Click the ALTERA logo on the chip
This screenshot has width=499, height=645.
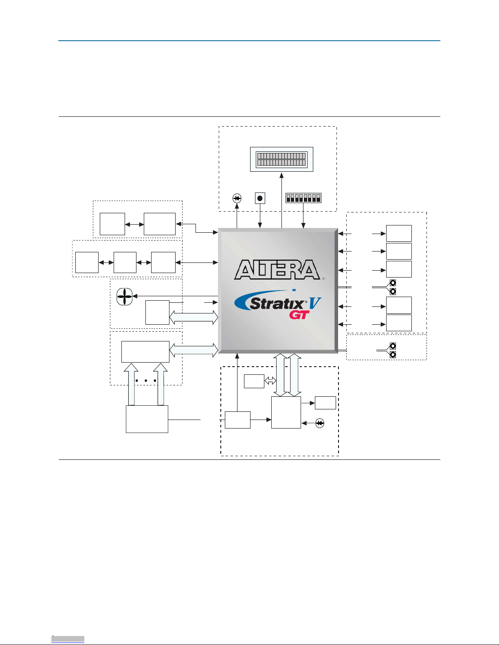[x=277, y=269]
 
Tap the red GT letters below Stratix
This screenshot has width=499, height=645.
[x=299, y=315]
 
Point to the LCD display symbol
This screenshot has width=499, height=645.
[x=281, y=159]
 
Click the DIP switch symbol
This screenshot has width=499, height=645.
[x=303, y=198]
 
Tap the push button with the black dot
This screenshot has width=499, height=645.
[x=260, y=198]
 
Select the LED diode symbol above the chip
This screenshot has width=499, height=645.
[x=237, y=198]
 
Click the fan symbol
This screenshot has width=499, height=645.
[x=125, y=296]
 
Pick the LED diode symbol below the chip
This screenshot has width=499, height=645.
[x=320, y=423]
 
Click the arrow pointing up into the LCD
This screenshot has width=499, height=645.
[x=281, y=201]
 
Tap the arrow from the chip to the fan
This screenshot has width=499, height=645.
[x=175, y=296]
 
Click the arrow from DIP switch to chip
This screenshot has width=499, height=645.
[x=303, y=216]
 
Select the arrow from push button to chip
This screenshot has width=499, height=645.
[x=260, y=216]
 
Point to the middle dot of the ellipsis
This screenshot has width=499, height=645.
[x=145, y=380]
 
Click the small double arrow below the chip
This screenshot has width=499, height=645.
[x=270, y=380]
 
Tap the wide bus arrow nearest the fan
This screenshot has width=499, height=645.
[x=193, y=317]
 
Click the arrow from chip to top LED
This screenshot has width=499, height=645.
[x=237, y=216]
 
